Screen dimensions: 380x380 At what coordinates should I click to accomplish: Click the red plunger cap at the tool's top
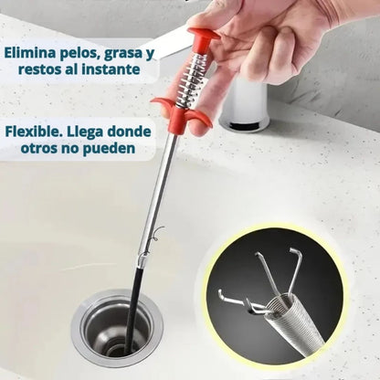coord(203,39)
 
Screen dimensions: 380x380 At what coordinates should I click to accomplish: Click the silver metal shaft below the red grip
coord(160,192)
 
